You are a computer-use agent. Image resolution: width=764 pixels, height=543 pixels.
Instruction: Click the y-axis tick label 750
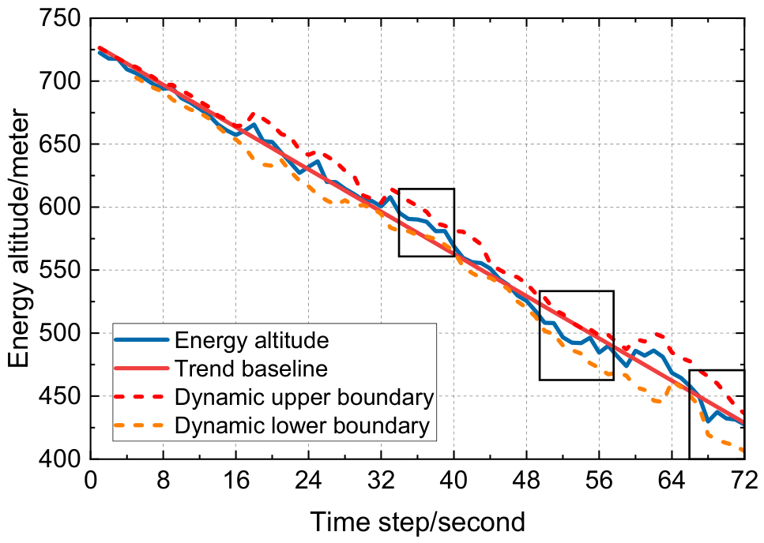click(59, 20)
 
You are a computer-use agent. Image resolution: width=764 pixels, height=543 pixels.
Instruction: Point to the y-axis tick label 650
click(59, 144)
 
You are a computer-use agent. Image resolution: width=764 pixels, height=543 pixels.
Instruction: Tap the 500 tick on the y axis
click(59, 333)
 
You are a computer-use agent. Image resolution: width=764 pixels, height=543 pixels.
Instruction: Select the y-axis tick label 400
click(59, 459)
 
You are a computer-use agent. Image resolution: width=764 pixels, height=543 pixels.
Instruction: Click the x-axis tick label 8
click(164, 481)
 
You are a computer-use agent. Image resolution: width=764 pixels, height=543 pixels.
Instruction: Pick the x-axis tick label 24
click(308, 481)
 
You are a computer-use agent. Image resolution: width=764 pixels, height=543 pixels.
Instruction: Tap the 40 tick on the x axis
click(454, 481)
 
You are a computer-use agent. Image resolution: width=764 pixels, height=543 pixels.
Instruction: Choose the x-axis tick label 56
click(599, 481)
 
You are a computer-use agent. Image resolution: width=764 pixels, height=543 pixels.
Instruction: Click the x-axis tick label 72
click(744, 481)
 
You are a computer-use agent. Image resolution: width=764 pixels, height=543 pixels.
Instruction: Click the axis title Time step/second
click(418, 522)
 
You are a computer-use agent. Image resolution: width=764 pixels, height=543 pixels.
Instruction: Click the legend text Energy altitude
click(251, 340)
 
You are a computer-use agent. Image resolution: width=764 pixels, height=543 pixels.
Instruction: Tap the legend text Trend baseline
click(251, 369)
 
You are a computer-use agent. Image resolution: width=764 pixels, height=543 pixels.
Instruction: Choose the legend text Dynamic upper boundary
click(304, 397)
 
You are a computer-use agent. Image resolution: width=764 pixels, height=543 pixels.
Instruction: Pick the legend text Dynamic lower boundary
click(302, 425)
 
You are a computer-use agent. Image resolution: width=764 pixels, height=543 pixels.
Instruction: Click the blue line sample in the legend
click(141, 339)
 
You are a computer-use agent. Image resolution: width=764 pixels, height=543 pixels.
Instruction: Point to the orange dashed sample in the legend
click(141, 425)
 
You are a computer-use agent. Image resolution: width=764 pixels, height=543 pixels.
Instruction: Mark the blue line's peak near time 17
click(254, 124)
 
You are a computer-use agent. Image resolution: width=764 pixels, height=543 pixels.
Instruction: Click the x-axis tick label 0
click(91, 481)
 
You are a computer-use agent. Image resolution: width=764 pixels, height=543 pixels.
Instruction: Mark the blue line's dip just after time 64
click(707, 421)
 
